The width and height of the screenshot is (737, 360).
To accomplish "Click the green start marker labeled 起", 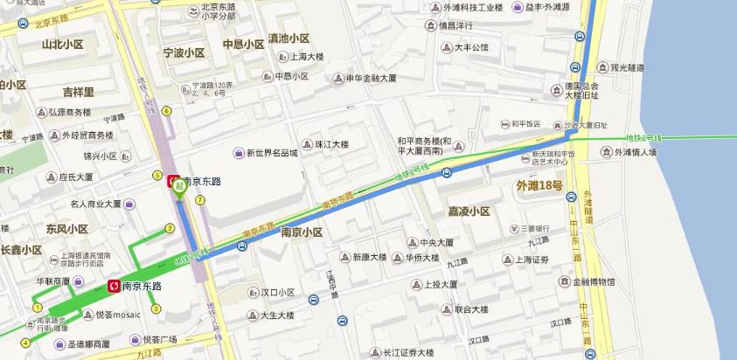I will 180,186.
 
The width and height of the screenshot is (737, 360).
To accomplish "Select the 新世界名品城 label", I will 271,153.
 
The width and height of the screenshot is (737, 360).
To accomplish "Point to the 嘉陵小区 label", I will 469,211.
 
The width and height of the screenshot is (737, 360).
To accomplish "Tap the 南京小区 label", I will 302,233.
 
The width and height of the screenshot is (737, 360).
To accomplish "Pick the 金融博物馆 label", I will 592,282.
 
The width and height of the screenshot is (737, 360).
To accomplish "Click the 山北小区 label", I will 63,45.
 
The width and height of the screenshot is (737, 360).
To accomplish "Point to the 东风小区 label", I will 67,229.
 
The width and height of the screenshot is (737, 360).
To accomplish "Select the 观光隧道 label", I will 627,67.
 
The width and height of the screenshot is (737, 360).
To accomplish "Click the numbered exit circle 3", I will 156,308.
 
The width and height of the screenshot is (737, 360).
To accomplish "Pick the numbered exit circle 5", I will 157,175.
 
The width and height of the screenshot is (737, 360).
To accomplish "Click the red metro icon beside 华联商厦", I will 114,286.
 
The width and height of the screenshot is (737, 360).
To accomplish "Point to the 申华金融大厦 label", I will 371,78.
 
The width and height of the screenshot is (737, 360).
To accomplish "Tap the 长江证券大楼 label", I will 407,353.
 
